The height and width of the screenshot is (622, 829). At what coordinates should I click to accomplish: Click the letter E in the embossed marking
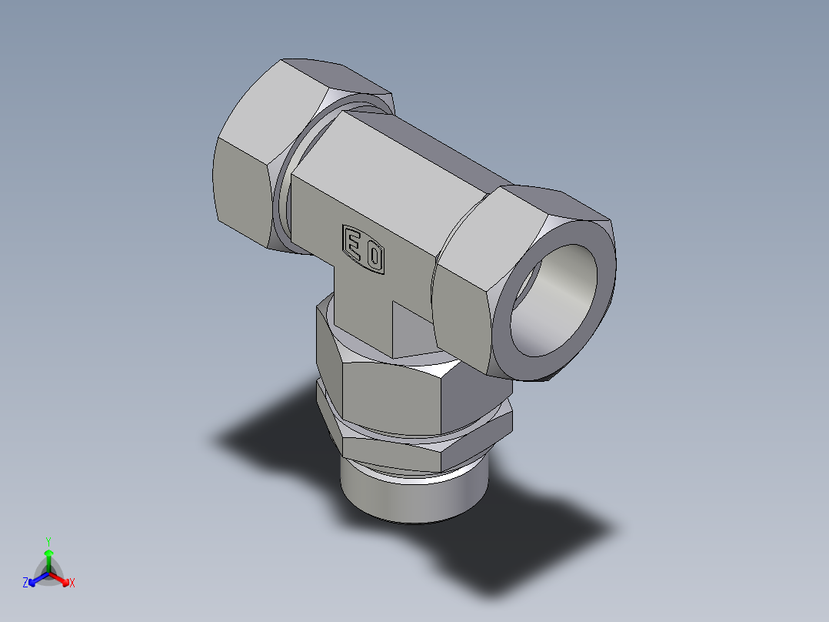point(354,245)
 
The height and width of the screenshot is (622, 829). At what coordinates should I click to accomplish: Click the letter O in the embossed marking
point(375,257)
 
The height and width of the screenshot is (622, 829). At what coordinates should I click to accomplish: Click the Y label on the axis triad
point(48,540)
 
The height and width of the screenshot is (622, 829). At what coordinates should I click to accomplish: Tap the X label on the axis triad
point(72,584)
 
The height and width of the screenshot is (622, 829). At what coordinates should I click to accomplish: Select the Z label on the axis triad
point(25,584)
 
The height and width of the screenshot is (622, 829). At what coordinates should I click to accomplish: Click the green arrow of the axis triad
point(48,557)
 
